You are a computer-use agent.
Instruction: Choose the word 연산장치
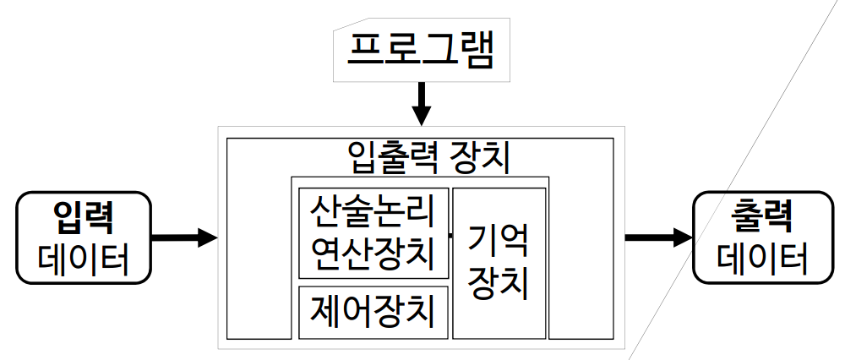pos(373,251)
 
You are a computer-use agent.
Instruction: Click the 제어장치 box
pos(373,313)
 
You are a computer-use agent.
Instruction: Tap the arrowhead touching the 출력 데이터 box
pos(683,237)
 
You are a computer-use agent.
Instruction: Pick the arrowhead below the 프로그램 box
pos(420,114)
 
